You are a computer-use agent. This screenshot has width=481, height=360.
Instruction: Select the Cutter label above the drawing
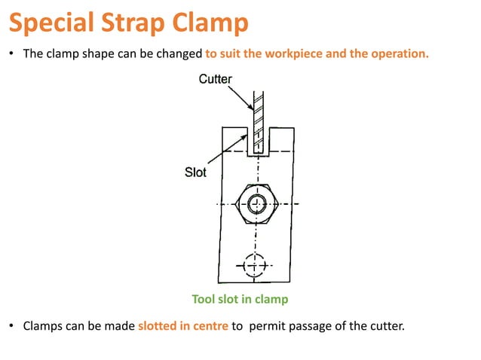[x=216, y=78]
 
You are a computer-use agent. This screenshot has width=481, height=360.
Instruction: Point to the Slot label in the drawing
[x=195, y=172]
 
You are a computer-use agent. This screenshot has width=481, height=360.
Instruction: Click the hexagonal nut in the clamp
[x=257, y=203]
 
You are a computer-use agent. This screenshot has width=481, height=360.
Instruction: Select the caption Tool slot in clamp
[x=240, y=299]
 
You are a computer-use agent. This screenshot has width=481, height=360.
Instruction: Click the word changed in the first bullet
[x=183, y=55]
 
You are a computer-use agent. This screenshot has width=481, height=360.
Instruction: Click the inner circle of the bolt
[x=257, y=203]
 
